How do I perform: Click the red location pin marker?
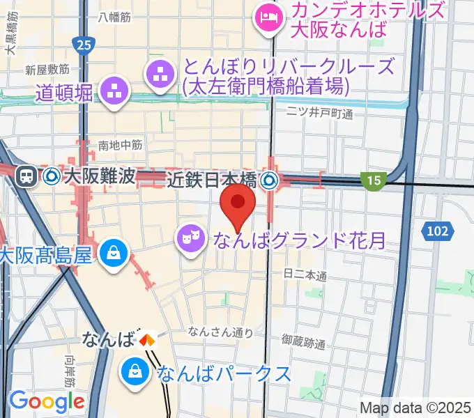click(238, 203)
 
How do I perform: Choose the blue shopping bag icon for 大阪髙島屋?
click(113, 254)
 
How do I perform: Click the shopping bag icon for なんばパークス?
click(135, 373)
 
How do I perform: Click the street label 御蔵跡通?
click(304, 342)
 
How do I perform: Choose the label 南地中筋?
click(120, 145)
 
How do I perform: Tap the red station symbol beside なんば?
click(147, 341)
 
